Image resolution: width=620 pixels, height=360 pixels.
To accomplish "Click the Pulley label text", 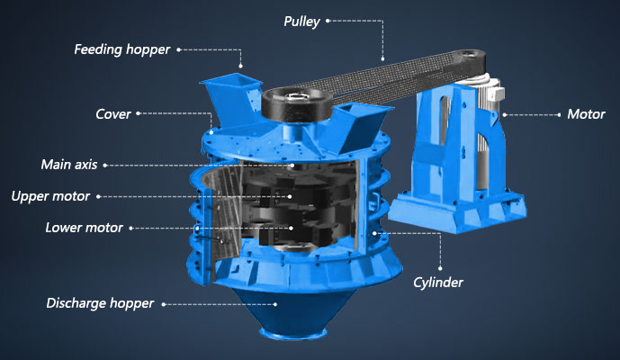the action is [x=301, y=22].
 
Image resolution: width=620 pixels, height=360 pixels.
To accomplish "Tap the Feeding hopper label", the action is [x=121, y=49].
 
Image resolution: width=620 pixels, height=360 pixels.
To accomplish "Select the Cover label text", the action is [x=113, y=114].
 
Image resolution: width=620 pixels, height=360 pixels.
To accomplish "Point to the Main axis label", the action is [x=69, y=164].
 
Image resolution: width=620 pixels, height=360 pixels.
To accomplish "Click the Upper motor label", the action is [x=50, y=196].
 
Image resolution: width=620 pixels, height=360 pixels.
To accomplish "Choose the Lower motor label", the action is [x=85, y=228].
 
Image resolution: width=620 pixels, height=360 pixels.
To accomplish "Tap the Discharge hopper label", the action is [x=100, y=303].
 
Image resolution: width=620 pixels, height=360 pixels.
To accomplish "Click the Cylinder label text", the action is [x=438, y=283].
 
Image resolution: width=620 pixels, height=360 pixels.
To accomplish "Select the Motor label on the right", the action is [x=586, y=114].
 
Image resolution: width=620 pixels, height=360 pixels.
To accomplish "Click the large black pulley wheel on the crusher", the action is [x=298, y=104].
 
